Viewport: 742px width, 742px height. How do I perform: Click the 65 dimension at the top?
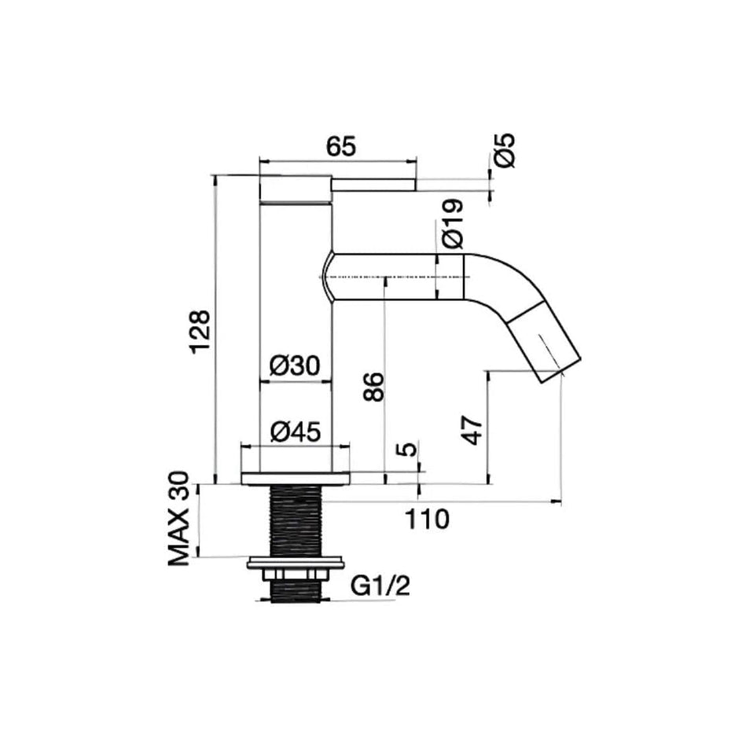click(x=340, y=147)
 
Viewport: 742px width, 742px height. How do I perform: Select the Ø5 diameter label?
click(x=505, y=150)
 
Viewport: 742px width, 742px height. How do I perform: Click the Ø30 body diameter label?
click(x=295, y=365)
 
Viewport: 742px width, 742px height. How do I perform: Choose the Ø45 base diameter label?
click(x=296, y=432)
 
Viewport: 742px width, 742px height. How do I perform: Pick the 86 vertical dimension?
click(x=374, y=387)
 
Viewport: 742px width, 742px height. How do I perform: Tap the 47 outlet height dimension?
click(x=474, y=430)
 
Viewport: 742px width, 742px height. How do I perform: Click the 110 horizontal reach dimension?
click(x=427, y=520)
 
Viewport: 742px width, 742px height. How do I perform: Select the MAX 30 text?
click(x=178, y=519)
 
